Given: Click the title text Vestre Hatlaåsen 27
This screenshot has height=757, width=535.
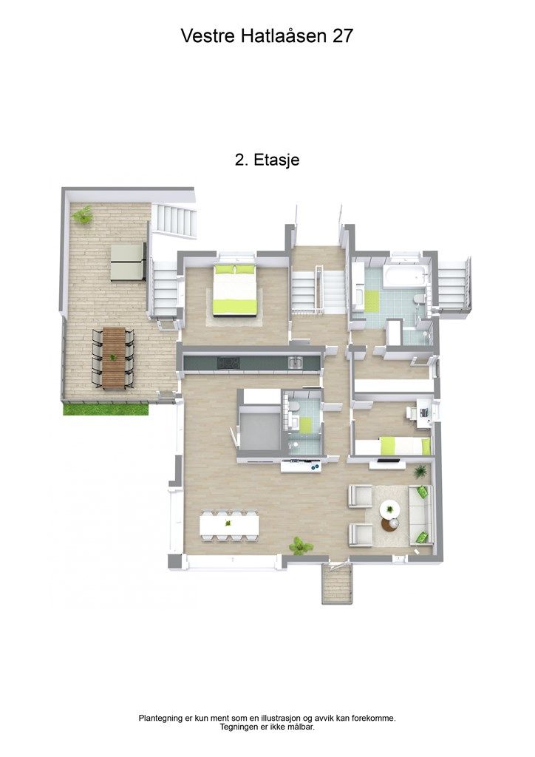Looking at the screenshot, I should (x=267, y=35).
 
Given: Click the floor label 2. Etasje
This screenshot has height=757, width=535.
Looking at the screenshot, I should (x=267, y=160).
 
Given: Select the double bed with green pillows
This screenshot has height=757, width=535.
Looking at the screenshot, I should (x=236, y=289).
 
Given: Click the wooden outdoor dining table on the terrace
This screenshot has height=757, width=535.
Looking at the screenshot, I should (x=114, y=359).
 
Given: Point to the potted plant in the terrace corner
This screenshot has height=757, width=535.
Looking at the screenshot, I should (x=82, y=214).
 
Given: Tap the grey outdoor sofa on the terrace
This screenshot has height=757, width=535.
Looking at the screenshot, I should (x=129, y=262).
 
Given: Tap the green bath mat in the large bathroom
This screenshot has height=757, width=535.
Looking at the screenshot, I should (x=369, y=299).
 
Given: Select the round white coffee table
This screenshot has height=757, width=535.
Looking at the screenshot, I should (x=389, y=509).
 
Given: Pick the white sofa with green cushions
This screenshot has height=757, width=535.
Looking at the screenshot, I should (x=421, y=514).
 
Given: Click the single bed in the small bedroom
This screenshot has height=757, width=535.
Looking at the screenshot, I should (x=392, y=446).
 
